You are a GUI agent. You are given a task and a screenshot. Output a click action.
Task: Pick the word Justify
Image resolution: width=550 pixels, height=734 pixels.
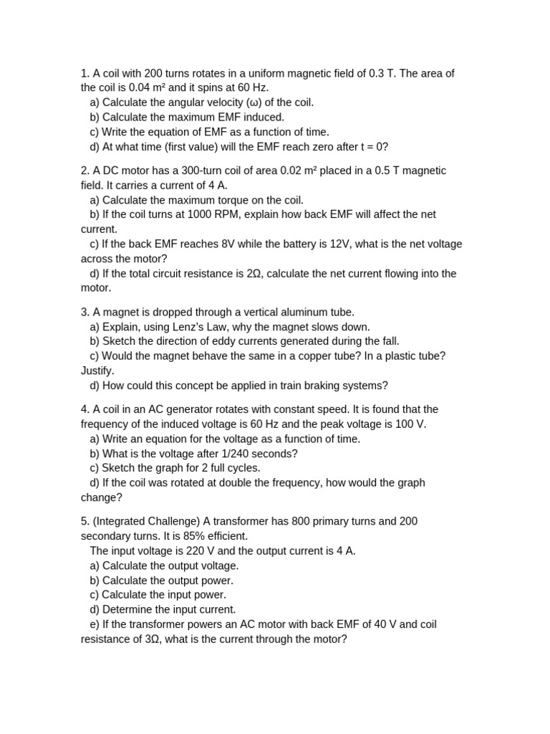pyautogui.click(x=97, y=371)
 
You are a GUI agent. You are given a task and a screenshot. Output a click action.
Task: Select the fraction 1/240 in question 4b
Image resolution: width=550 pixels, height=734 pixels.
pyautogui.click(x=234, y=454)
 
